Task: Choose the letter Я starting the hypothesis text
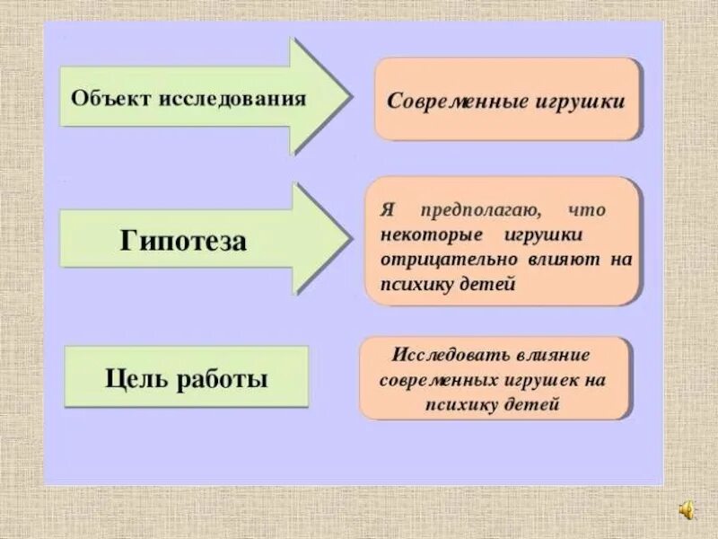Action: coord(387,211)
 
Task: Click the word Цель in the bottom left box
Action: coord(138,379)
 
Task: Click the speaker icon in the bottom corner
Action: coord(686,511)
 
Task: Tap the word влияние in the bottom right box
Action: coord(565,354)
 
